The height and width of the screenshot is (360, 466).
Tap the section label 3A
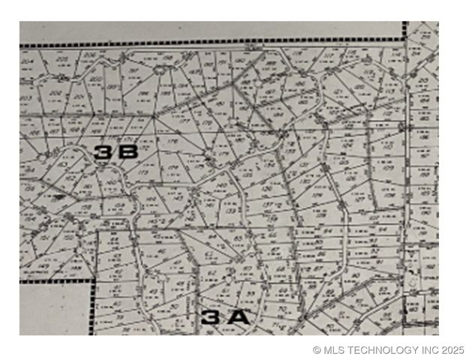pyautogui.click(x=224, y=317)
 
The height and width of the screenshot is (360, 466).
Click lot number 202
pyautogui.click(x=55, y=93)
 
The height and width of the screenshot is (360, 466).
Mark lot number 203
pyautogui.click(x=26, y=97)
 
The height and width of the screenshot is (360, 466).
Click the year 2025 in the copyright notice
pyautogui.click(x=453, y=349)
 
